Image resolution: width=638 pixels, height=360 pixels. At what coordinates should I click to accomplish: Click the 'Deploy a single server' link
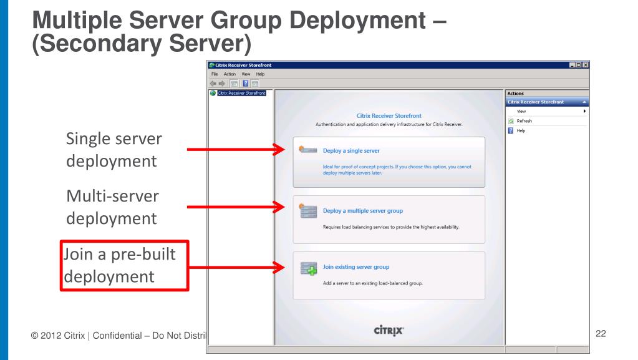tap(351, 151)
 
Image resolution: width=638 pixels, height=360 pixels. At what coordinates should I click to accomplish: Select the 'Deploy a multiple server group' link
tap(362, 211)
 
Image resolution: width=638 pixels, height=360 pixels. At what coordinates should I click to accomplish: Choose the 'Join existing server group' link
tap(355, 267)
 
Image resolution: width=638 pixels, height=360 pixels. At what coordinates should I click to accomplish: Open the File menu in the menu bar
tap(213, 74)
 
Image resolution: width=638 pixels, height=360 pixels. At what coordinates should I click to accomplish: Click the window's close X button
tap(586, 65)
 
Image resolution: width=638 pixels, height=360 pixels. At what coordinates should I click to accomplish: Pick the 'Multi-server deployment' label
tap(112, 207)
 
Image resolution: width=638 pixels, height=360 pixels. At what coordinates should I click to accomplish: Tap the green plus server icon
tap(309, 269)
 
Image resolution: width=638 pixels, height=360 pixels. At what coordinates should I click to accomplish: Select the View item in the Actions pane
tap(522, 111)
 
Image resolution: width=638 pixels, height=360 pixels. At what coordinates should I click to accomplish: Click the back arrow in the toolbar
tap(213, 84)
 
